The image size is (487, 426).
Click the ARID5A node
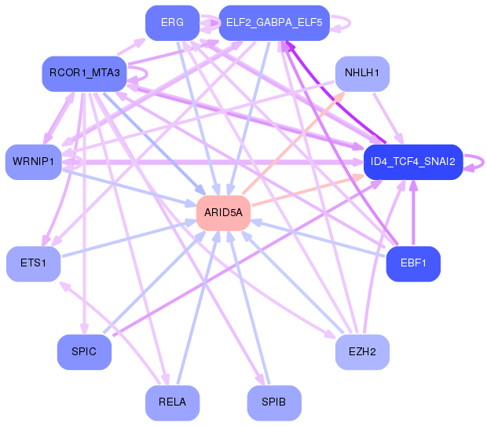point(223,213)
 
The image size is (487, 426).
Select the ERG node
point(172,23)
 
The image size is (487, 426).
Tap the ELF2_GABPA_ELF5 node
point(274,23)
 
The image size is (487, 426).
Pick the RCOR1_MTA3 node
point(85,74)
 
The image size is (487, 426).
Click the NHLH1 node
point(362,74)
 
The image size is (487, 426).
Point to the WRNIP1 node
point(33,162)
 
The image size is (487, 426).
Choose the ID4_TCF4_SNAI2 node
point(413,162)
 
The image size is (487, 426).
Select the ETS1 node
point(33,264)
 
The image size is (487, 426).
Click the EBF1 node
point(413,264)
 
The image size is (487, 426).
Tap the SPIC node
point(84,352)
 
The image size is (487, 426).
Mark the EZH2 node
point(362,352)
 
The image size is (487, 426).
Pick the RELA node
point(172,403)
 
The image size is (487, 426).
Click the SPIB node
point(274,403)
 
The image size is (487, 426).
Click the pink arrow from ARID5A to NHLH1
point(293,142)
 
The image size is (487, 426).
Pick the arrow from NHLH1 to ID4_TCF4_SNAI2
point(388,118)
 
